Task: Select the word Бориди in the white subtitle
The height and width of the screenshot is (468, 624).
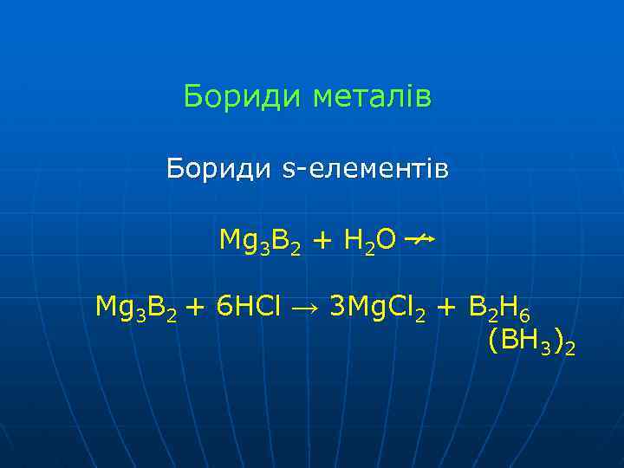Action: click(x=219, y=167)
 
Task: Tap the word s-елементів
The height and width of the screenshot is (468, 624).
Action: click(x=366, y=167)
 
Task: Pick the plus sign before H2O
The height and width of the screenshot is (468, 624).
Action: click(x=320, y=240)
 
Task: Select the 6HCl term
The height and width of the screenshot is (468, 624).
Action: click(x=245, y=306)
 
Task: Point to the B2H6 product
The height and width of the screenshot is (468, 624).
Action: click(x=505, y=307)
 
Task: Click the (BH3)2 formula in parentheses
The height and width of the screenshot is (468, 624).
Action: click(x=530, y=341)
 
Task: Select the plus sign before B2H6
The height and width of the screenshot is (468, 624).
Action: click(x=446, y=307)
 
